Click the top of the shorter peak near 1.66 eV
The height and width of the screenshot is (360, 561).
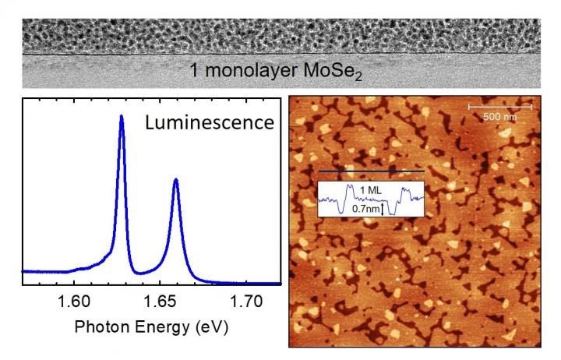pos(176,179)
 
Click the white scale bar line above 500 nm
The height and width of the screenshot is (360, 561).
pos(499,105)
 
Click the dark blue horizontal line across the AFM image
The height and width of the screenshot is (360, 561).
pos(371,170)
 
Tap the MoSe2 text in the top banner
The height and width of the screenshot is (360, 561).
pos(340,72)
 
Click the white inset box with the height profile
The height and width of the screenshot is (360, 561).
pos(371,199)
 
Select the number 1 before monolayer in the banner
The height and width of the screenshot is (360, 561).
pos(196,72)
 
